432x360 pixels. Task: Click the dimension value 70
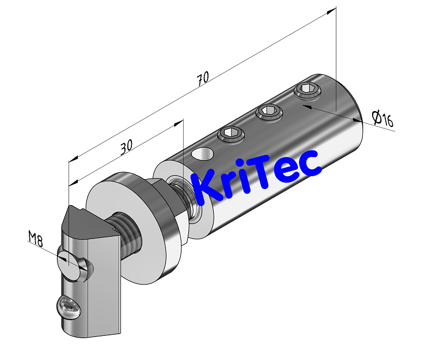202,79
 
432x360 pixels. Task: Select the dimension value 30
127,148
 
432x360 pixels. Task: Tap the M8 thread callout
36,238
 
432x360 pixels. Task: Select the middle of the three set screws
268,111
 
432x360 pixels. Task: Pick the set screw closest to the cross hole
230,134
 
